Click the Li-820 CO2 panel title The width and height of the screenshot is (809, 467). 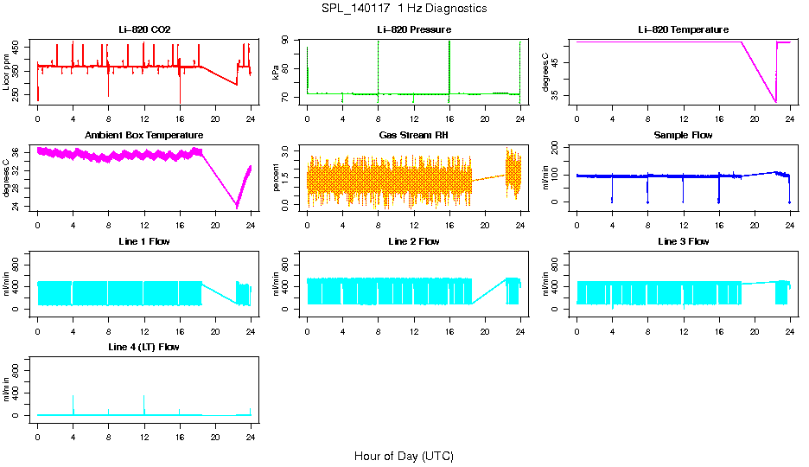pos(144,30)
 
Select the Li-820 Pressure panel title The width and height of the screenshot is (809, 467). pos(413,30)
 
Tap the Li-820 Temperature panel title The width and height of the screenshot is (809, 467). pos(683,30)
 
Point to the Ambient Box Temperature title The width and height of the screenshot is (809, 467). pos(144,136)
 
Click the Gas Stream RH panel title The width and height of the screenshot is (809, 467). pos(413,136)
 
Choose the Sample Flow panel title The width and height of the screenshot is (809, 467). pos(683,136)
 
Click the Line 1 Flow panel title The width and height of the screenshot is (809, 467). pos(144,241)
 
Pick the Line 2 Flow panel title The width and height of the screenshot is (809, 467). pos(413,241)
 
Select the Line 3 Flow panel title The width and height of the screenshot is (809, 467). pos(683,241)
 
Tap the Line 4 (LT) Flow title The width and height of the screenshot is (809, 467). pos(144,347)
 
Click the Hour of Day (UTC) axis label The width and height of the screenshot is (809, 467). pos(404,456)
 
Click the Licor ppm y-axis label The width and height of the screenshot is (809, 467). pos(8,72)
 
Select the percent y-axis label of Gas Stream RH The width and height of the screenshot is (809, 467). pos(277,177)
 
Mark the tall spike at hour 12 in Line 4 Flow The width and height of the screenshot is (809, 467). pos(143,398)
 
